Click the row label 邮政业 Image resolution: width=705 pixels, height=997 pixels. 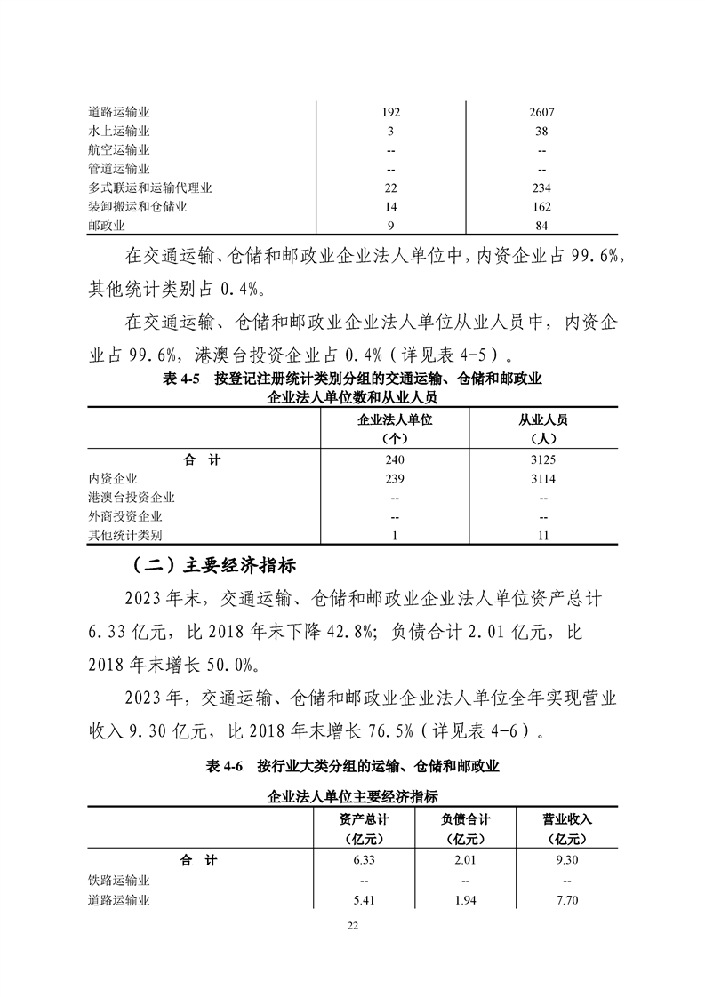tap(107, 225)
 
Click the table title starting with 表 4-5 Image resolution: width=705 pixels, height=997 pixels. tap(353, 379)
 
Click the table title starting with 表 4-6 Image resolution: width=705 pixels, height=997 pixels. tap(353, 766)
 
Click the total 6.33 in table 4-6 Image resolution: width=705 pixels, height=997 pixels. tap(365, 860)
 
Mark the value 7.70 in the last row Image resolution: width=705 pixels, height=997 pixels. tap(567, 900)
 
